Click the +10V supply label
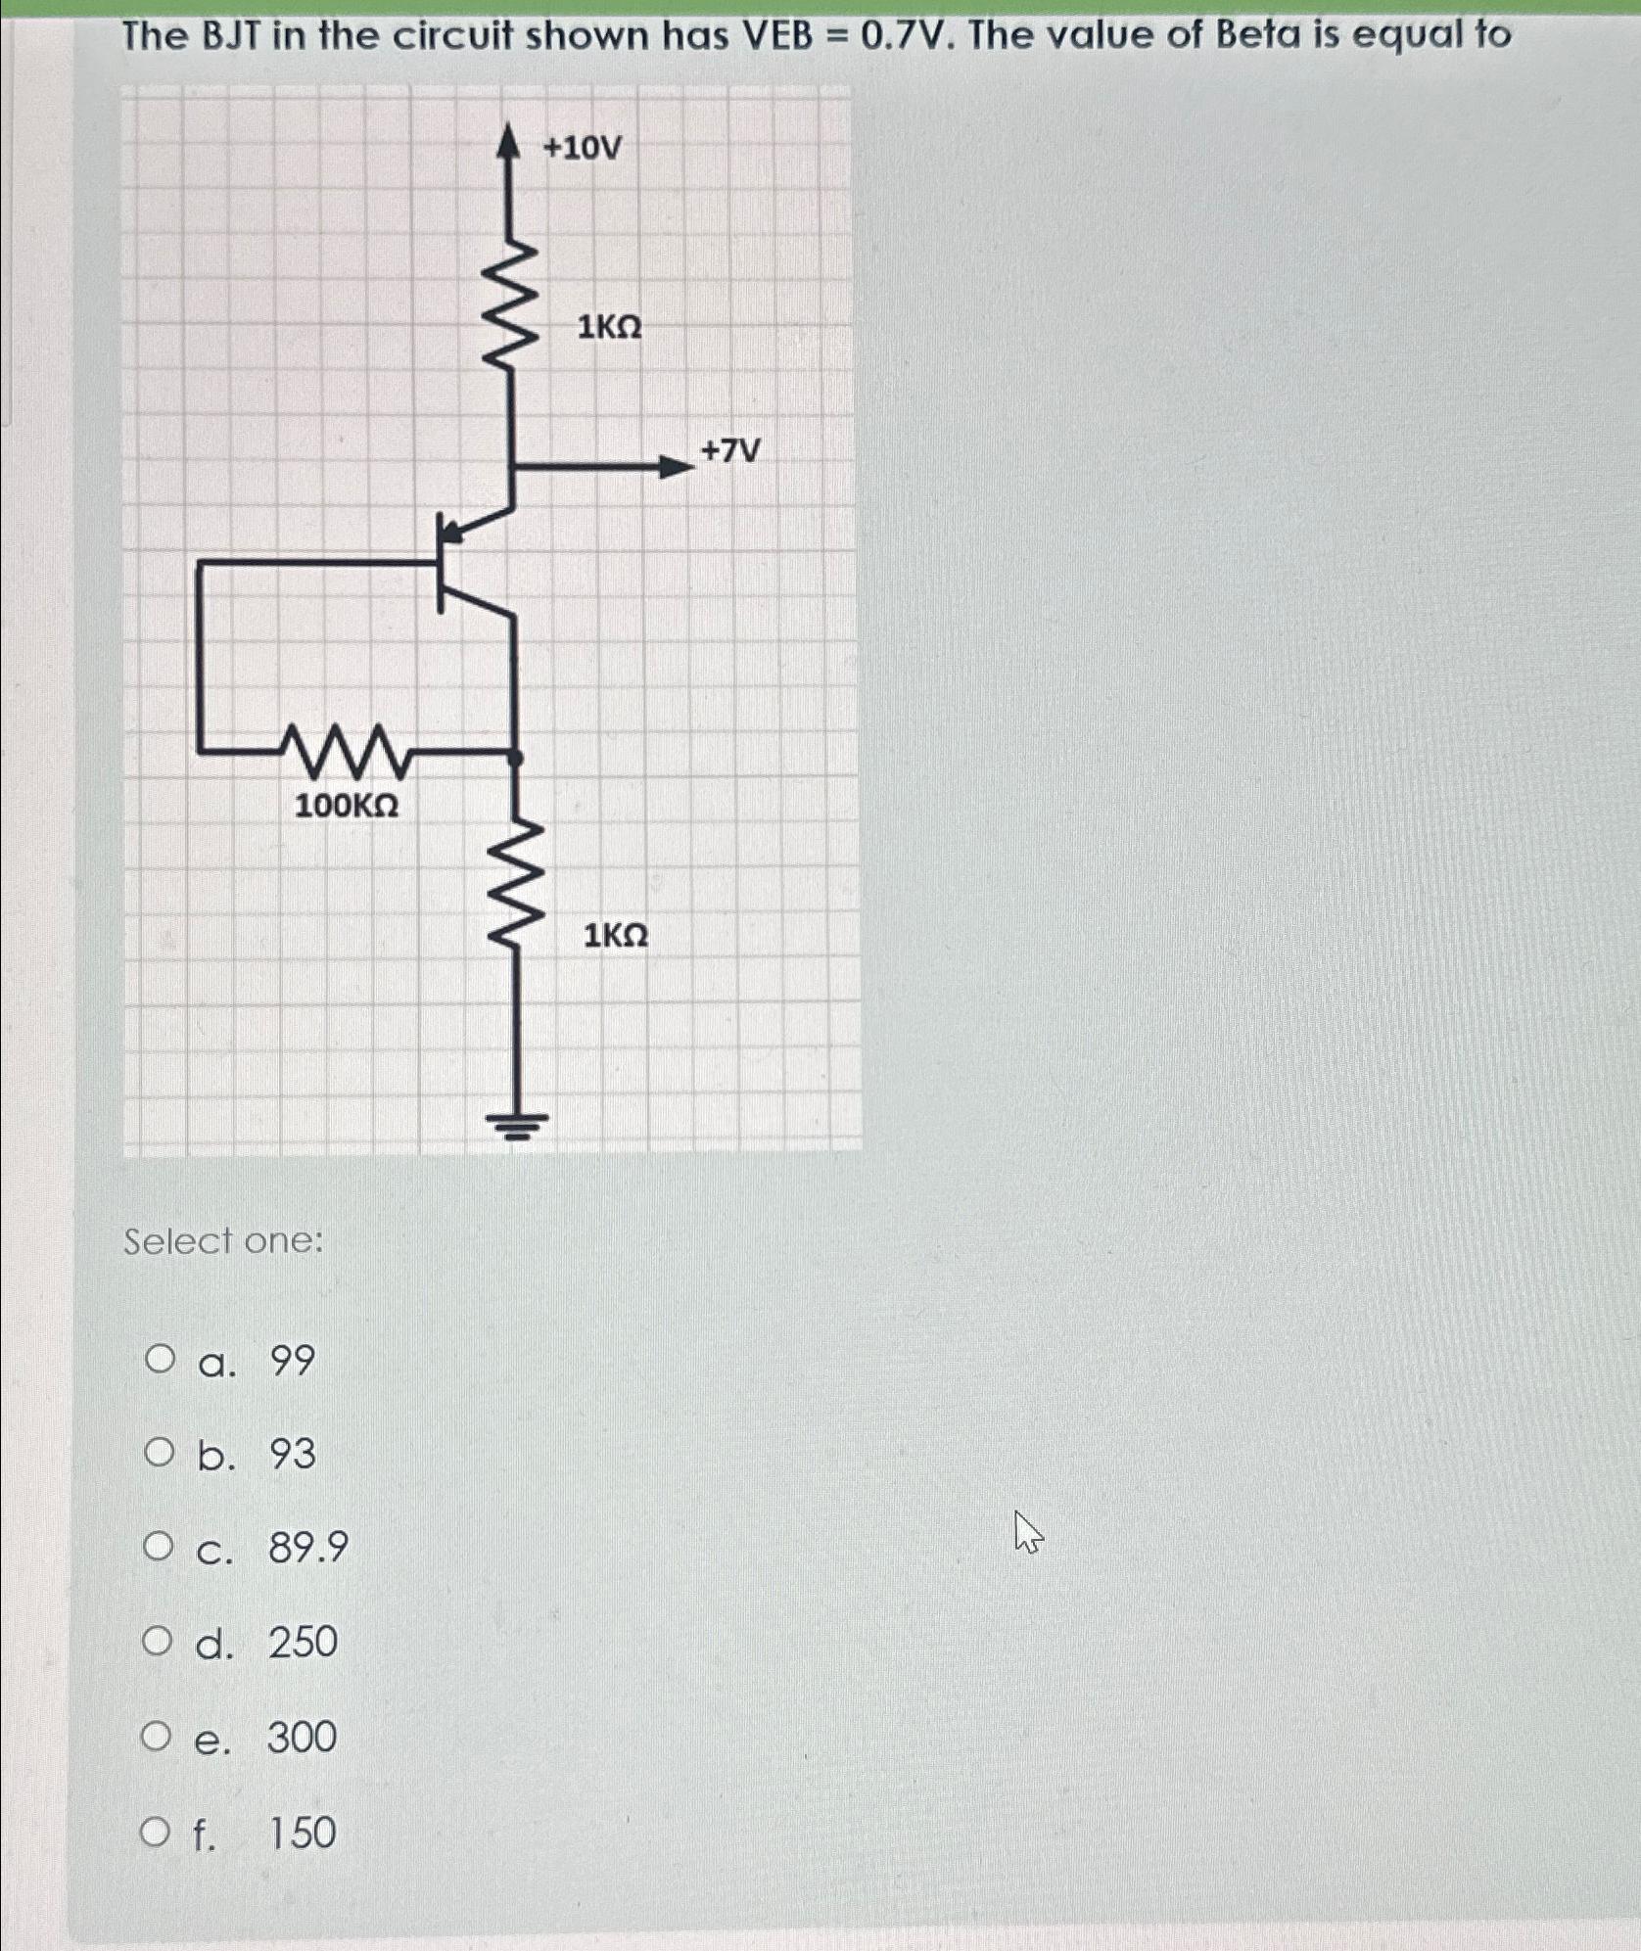pyautogui.click(x=583, y=148)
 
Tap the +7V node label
pyautogui.click(x=730, y=451)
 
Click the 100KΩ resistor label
pyautogui.click(x=347, y=806)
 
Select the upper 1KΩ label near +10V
pyautogui.click(x=609, y=327)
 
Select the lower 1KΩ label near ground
pyautogui.click(x=616, y=936)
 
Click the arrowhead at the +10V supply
pyautogui.click(x=507, y=142)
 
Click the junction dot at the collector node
pyautogui.click(x=516, y=757)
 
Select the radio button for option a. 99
pyautogui.click(x=160, y=1359)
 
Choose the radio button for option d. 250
pyautogui.click(x=157, y=1641)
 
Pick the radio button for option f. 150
pyautogui.click(x=155, y=1832)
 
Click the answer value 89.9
pyautogui.click(x=308, y=1548)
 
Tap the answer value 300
pyautogui.click(x=302, y=1737)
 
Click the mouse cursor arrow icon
pyautogui.click(x=1027, y=1532)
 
